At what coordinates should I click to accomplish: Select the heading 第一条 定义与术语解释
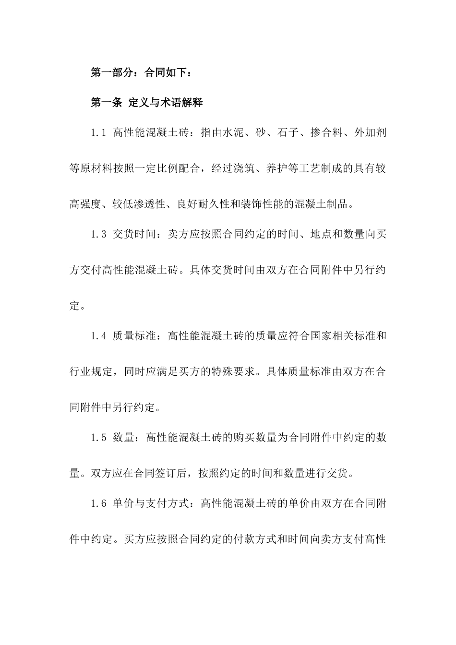(147, 103)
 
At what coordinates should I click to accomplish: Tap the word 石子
(288, 133)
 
